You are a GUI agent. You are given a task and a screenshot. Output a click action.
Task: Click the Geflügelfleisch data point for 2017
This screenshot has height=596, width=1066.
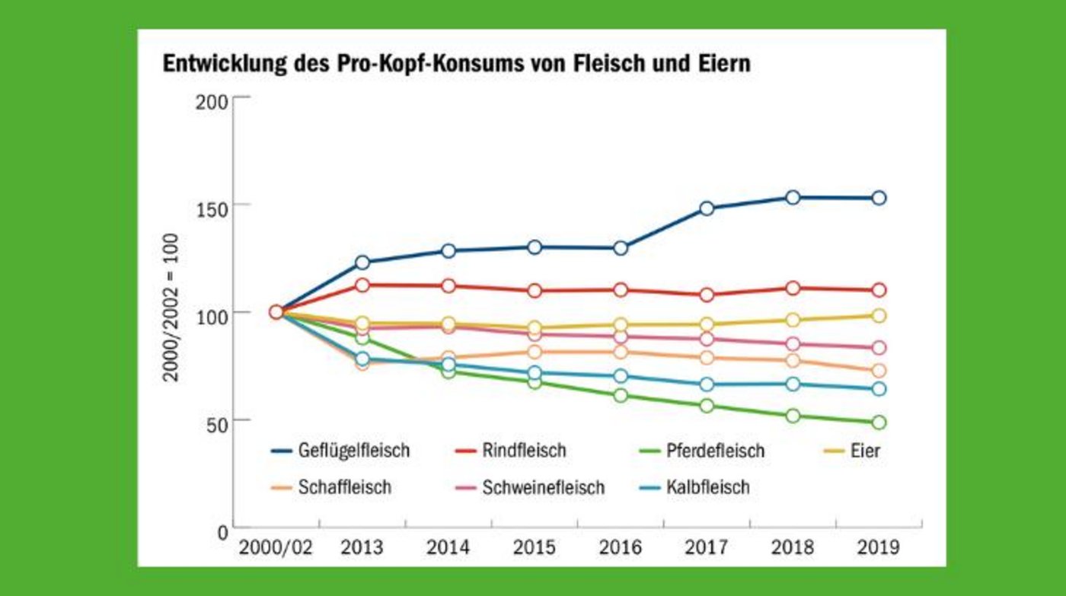(706, 209)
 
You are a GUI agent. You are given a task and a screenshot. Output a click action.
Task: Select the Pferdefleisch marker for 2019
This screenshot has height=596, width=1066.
(878, 422)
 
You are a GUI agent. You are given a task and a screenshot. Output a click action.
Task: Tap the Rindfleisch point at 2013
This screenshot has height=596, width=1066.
(362, 285)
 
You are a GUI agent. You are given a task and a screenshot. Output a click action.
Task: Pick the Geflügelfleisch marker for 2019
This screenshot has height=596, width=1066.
(878, 198)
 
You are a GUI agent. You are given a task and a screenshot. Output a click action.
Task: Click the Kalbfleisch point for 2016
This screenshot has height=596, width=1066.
(620, 376)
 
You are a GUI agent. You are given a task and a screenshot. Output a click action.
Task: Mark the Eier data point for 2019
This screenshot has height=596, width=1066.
(878, 316)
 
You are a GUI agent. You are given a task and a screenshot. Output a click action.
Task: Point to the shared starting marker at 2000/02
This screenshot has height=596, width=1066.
(276, 311)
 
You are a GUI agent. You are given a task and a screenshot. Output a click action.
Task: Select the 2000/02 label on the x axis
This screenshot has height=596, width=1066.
(276, 547)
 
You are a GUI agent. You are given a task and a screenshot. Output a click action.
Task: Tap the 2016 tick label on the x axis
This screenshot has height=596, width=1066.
(620, 547)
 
